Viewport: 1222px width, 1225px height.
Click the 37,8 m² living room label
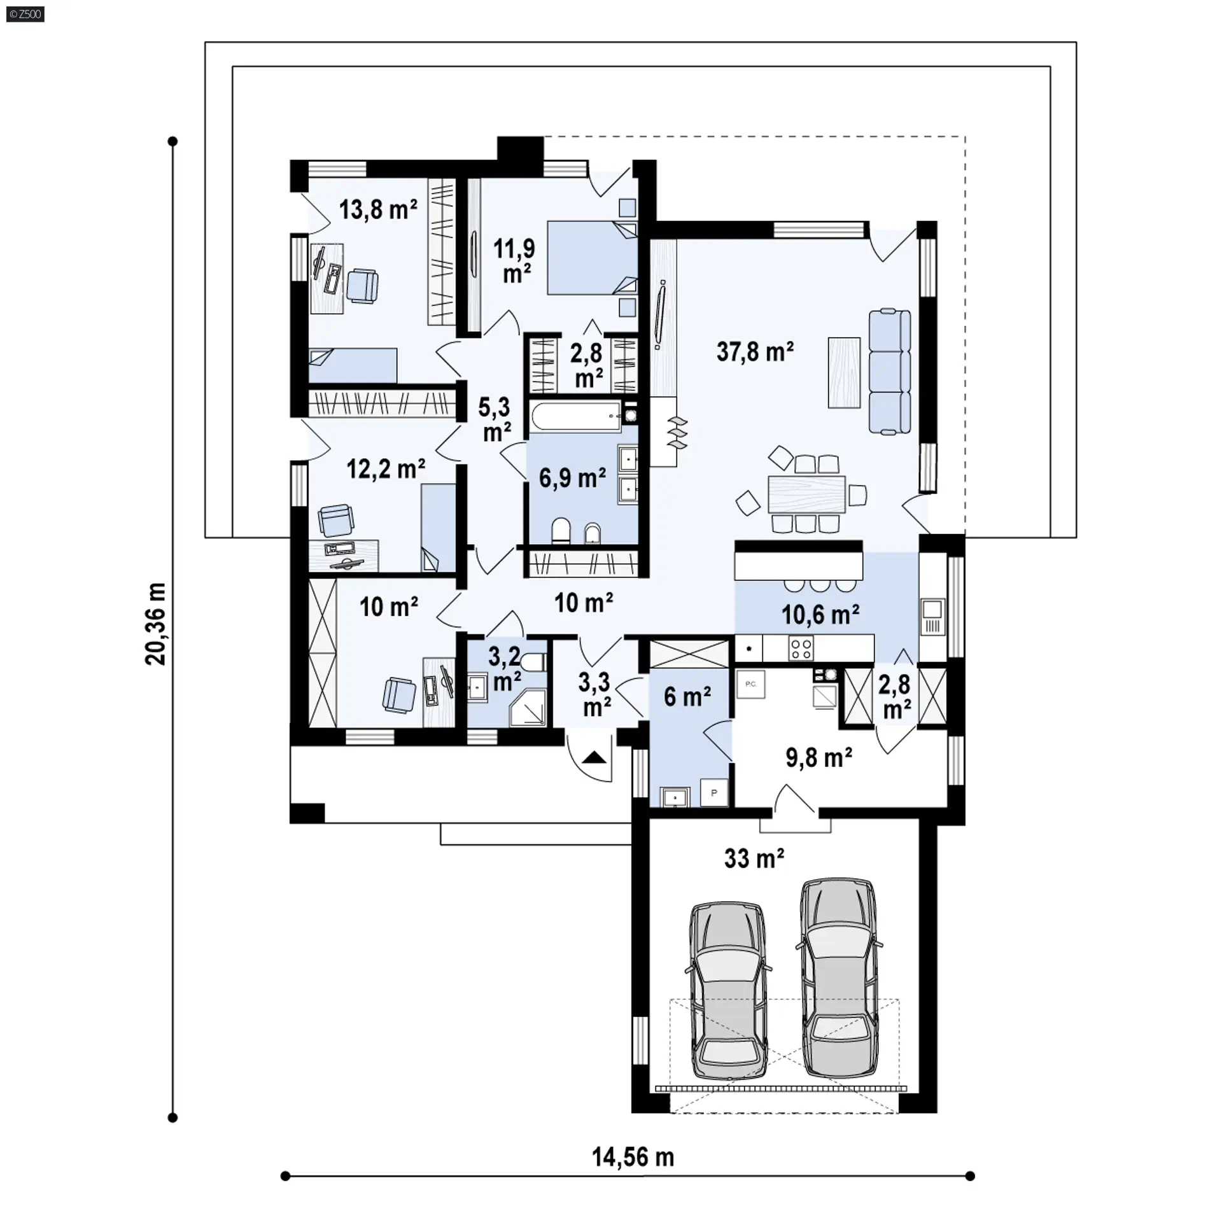point(755,351)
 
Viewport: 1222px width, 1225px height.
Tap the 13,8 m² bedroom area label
point(378,209)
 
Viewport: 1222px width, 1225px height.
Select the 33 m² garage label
point(754,858)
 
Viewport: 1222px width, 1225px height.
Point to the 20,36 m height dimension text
point(155,624)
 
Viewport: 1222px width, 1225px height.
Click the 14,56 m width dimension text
point(633,1157)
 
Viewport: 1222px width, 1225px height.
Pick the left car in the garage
point(728,992)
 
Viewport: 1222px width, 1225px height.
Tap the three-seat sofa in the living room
point(890,372)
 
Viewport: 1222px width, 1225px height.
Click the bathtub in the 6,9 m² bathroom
point(576,417)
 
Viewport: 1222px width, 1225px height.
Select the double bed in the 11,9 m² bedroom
point(593,257)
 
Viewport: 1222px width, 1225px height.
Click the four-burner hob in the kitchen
point(801,648)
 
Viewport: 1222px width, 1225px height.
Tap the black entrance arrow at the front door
point(594,757)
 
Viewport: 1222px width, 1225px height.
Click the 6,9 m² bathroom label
point(572,477)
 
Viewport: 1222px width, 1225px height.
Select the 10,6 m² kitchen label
point(820,614)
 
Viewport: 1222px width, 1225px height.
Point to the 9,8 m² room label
point(819,758)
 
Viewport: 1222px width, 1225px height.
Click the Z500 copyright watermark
point(25,14)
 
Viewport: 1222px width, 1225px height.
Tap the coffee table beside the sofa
point(845,372)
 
